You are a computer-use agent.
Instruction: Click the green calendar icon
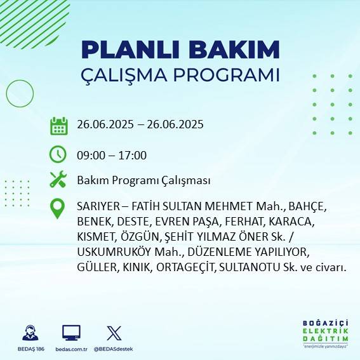[x=58, y=125]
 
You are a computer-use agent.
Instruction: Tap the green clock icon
[x=58, y=154]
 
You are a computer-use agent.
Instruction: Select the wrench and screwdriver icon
[x=58, y=180]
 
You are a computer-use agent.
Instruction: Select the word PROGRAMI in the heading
[x=226, y=74]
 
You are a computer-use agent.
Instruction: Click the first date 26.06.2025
[x=103, y=124]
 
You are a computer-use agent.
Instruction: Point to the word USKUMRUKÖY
[x=111, y=253]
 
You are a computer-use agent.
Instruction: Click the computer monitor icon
[x=70, y=333]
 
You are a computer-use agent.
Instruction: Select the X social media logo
[x=114, y=333]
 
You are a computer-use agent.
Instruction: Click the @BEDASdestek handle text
[x=114, y=349]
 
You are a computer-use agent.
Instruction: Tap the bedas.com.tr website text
[x=70, y=349]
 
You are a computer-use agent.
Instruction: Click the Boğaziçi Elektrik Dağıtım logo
[x=325, y=333]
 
